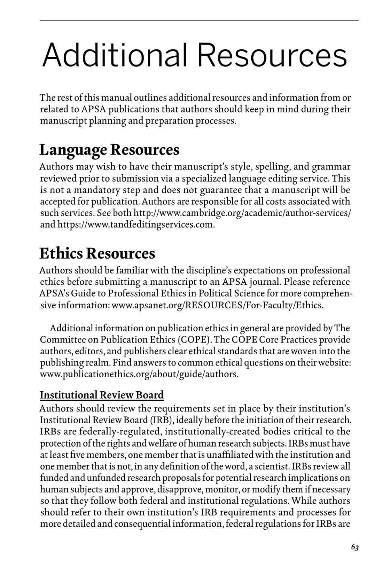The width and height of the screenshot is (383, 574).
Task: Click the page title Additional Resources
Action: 194,55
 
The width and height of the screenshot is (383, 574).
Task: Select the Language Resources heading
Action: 109,150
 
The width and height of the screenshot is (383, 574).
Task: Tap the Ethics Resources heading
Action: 97,253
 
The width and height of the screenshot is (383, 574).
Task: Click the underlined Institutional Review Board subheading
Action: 102,395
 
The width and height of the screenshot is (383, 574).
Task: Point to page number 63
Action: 355,547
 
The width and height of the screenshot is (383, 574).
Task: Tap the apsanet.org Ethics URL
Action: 217,305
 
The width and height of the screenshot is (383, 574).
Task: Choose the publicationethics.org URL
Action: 139,374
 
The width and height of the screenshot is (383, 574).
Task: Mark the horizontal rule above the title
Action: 199,21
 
